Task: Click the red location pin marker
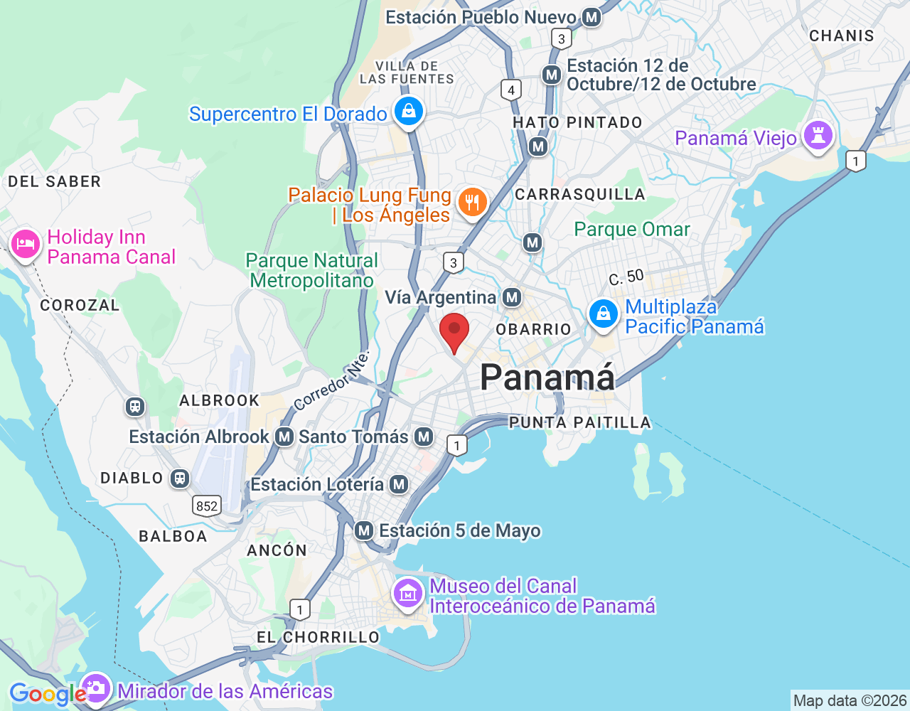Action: coord(454,332)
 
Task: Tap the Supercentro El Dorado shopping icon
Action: coord(408,112)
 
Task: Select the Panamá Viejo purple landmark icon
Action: coord(818,136)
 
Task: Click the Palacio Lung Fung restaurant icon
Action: coord(472,203)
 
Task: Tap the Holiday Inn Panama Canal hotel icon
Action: coord(26,244)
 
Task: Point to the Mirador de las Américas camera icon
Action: coord(95,688)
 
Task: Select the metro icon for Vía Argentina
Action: coord(512,297)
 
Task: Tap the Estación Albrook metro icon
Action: coord(284,437)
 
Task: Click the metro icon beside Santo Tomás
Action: coord(424,437)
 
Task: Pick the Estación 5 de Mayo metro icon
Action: coord(364,530)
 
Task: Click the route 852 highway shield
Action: coord(207,506)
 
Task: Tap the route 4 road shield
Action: coord(511,90)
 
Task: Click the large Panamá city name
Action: coord(547,377)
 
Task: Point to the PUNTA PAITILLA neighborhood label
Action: coord(580,422)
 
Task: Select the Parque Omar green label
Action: coord(632,229)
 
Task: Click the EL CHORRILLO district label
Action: coord(318,637)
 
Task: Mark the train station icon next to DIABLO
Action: coord(180,479)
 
